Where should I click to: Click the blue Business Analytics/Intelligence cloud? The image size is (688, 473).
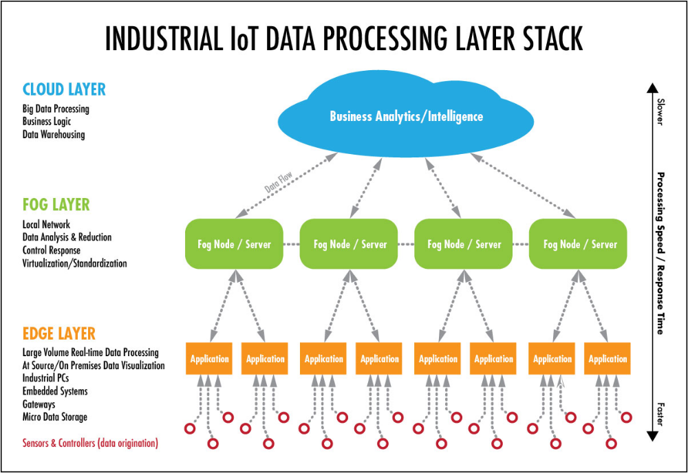pos(406,117)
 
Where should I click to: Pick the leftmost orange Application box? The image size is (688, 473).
pos(209,359)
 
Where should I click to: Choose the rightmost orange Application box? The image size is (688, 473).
pos(608,359)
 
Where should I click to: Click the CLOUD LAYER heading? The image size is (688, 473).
pos(64,89)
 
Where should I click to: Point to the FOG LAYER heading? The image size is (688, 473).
pos(56,205)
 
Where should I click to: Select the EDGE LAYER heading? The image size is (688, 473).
pos(58,333)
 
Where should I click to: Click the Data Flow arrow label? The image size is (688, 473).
pos(279,181)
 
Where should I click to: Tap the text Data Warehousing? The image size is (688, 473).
pos(54,135)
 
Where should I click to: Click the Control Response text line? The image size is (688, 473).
pos(51,250)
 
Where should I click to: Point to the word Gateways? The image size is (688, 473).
pos(39,404)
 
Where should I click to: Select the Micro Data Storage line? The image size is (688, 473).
pos(54,417)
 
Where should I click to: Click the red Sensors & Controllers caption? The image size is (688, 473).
pos(90,443)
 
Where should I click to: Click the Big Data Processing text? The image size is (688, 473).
pos(56,109)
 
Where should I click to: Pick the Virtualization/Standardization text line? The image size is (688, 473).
pos(74,263)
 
